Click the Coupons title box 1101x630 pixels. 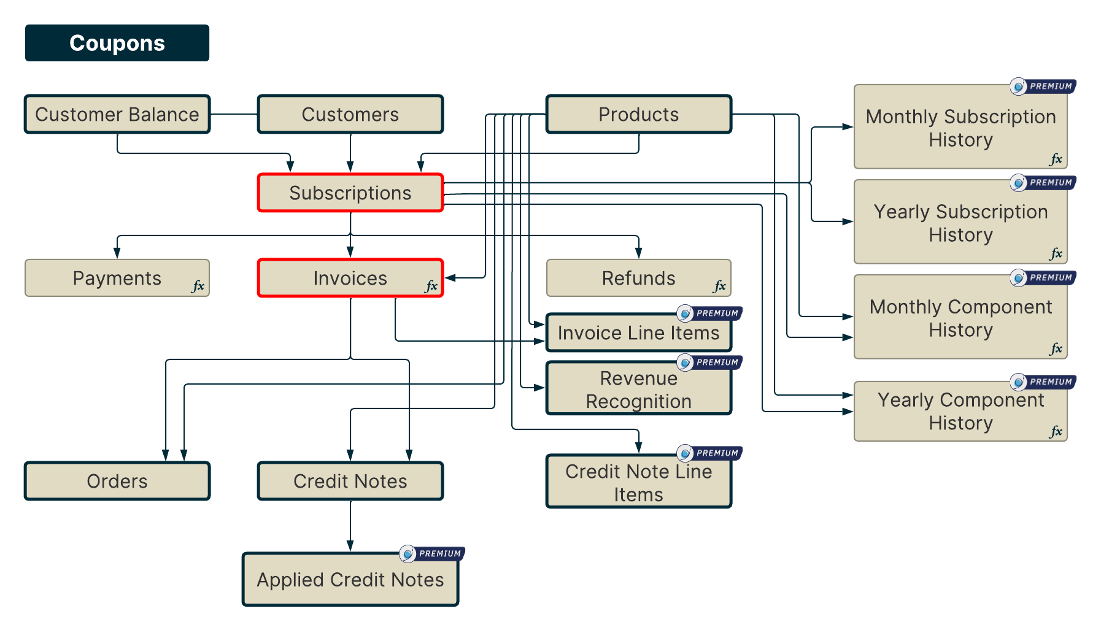(117, 43)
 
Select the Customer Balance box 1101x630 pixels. (117, 114)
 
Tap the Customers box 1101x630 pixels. (350, 114)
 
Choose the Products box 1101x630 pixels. (638, 114)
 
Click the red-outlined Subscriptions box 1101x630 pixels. (350, 193)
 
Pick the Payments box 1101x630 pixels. (117, 278)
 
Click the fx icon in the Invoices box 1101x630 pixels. (431, 286)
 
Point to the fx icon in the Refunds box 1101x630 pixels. (719, 286)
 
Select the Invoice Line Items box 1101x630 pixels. (638, 333)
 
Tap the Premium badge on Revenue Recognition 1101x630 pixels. (710, 363)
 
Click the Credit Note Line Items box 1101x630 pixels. (638, 482)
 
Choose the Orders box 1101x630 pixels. (117, 481)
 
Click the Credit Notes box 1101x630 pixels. (350, 481)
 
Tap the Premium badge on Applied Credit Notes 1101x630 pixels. (433, 554)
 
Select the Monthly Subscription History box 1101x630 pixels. (960, 128)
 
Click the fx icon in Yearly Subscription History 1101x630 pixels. (1056, 253)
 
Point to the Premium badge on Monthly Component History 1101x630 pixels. (1043, 278)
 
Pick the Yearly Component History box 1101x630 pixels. (960, 411)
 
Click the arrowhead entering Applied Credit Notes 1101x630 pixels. (350, 546)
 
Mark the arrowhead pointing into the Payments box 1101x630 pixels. (117, 253)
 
